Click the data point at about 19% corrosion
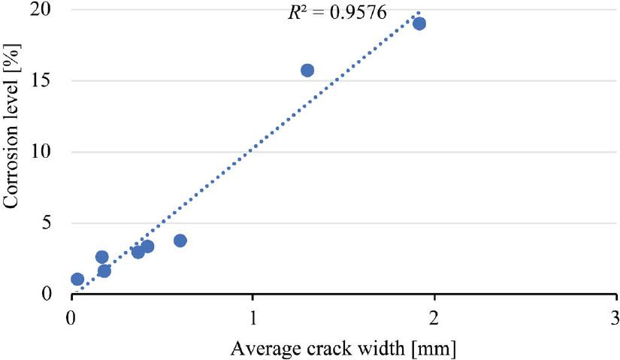point(419,23)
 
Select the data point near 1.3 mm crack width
point(307,71)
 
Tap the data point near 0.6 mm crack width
point(180,241)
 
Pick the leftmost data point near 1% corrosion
point(77,279)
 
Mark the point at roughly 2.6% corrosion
point(102,257)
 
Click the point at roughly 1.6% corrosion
point(104,271)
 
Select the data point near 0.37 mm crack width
point(138,252)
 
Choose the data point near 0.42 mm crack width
point(147,247)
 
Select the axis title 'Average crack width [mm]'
point(343,348)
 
